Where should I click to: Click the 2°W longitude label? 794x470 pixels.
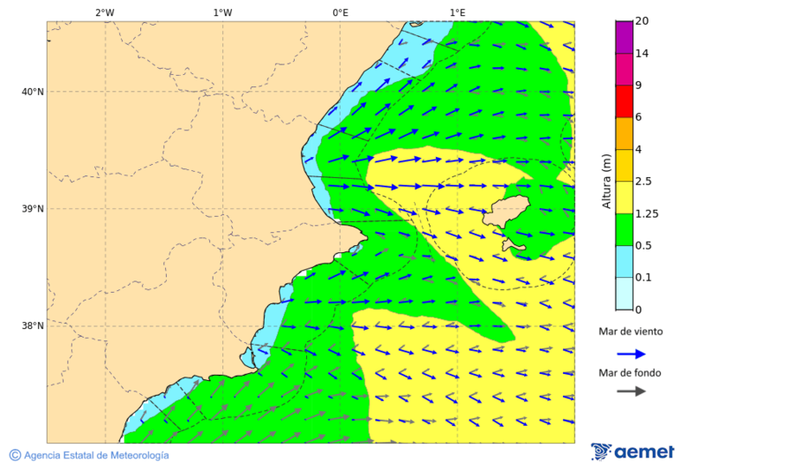pos(104,12)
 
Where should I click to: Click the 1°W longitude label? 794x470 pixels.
pos(222,12)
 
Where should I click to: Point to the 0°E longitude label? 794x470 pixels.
pos(340,12)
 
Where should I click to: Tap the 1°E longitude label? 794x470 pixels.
pos(458,12)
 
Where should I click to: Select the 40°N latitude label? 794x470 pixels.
pos(33,92)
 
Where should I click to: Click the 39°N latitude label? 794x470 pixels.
pos(33,209)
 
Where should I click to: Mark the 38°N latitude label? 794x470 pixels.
pos(33,326)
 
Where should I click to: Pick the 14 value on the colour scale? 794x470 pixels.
pos(641,54)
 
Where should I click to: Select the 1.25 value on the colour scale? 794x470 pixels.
pos(646,213)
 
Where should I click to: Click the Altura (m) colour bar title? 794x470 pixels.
pos(606,181)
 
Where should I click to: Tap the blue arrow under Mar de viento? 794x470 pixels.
pos(631,354)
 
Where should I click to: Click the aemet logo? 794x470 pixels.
pos(633,451)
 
